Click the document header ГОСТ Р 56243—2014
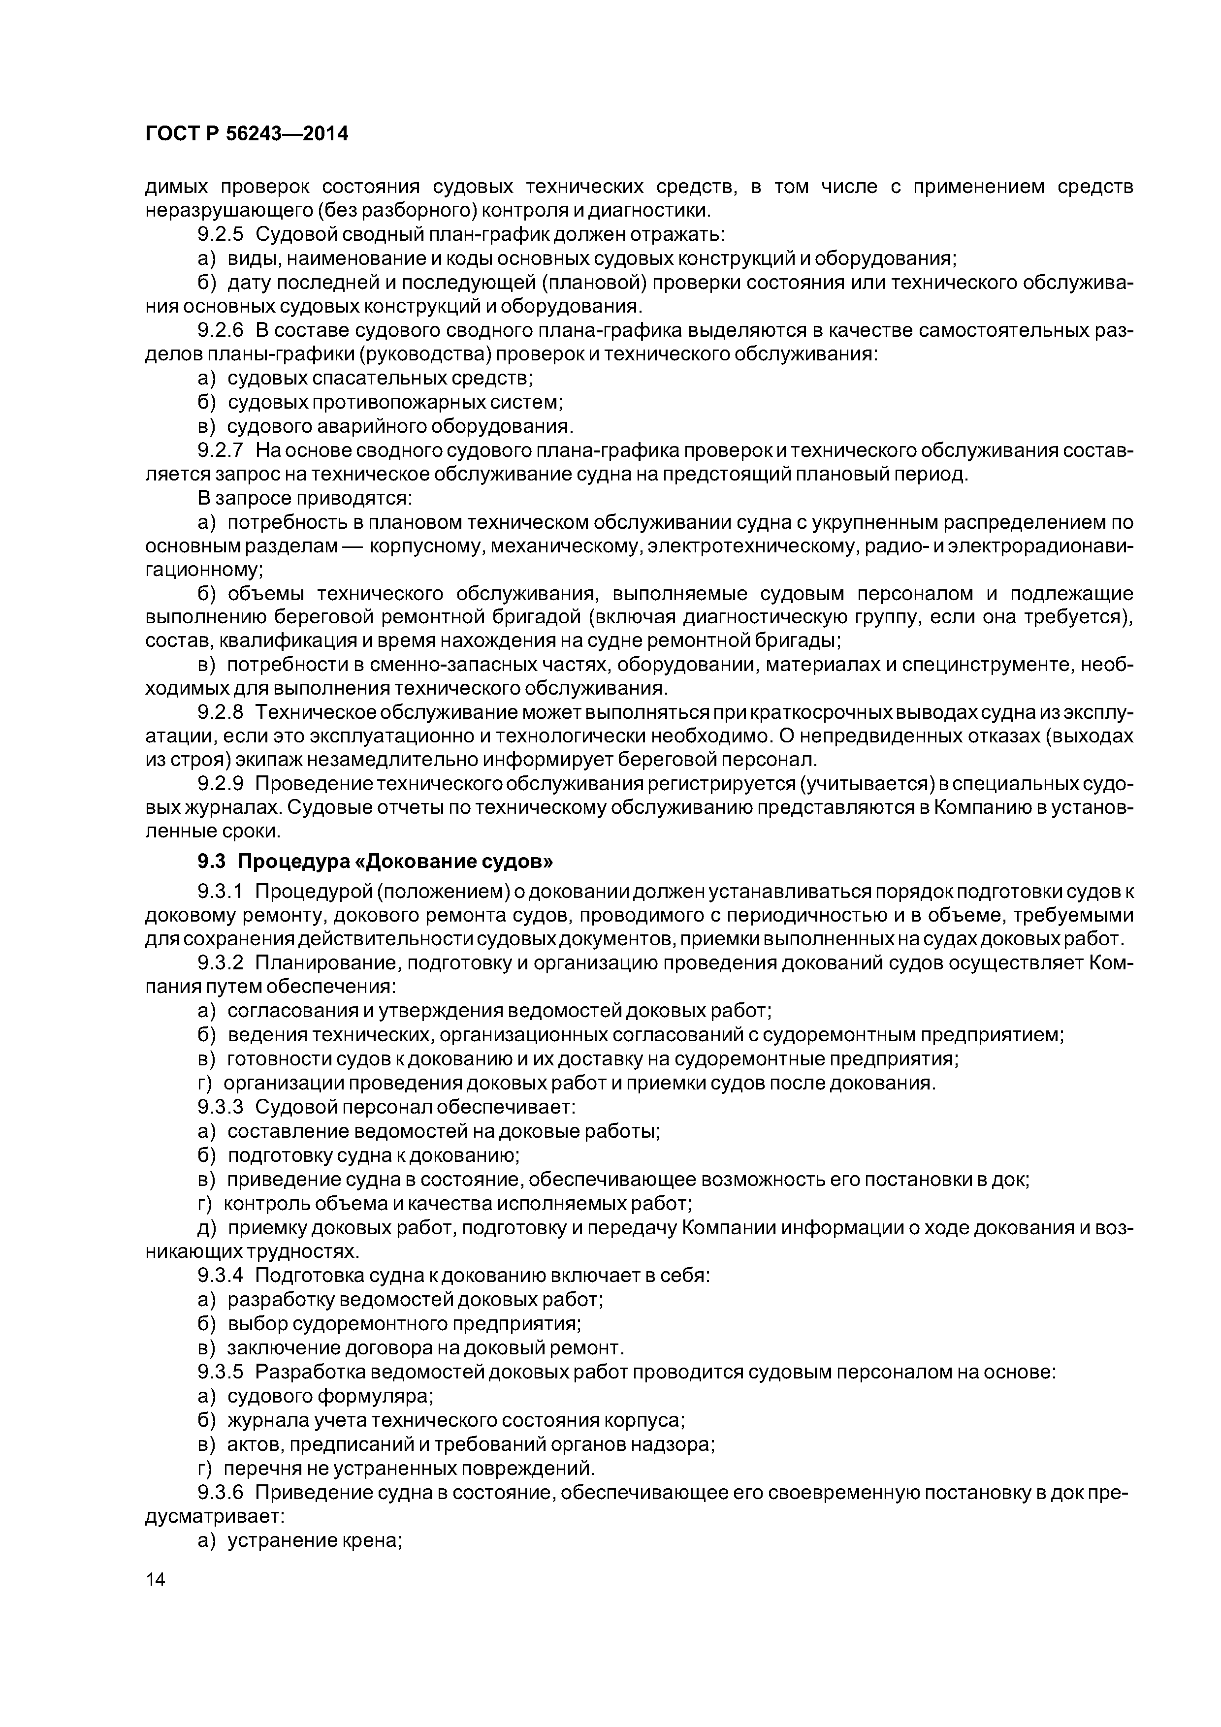(x=247, y=134)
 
